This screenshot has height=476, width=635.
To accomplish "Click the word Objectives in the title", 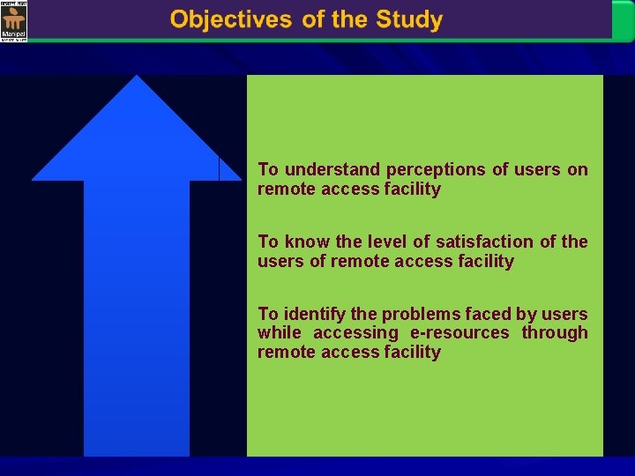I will point(232,20).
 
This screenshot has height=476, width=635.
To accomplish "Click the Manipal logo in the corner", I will point(14,21).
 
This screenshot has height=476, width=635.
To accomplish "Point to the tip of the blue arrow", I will point(136,78).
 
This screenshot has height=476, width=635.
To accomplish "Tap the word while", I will point(279,332).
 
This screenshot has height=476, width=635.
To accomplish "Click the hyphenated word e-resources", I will point(459,332).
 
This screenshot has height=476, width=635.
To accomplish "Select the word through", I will point(554,332).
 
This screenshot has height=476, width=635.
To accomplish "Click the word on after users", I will point(578,169).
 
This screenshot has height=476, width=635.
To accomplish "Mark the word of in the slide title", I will point(313,20).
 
